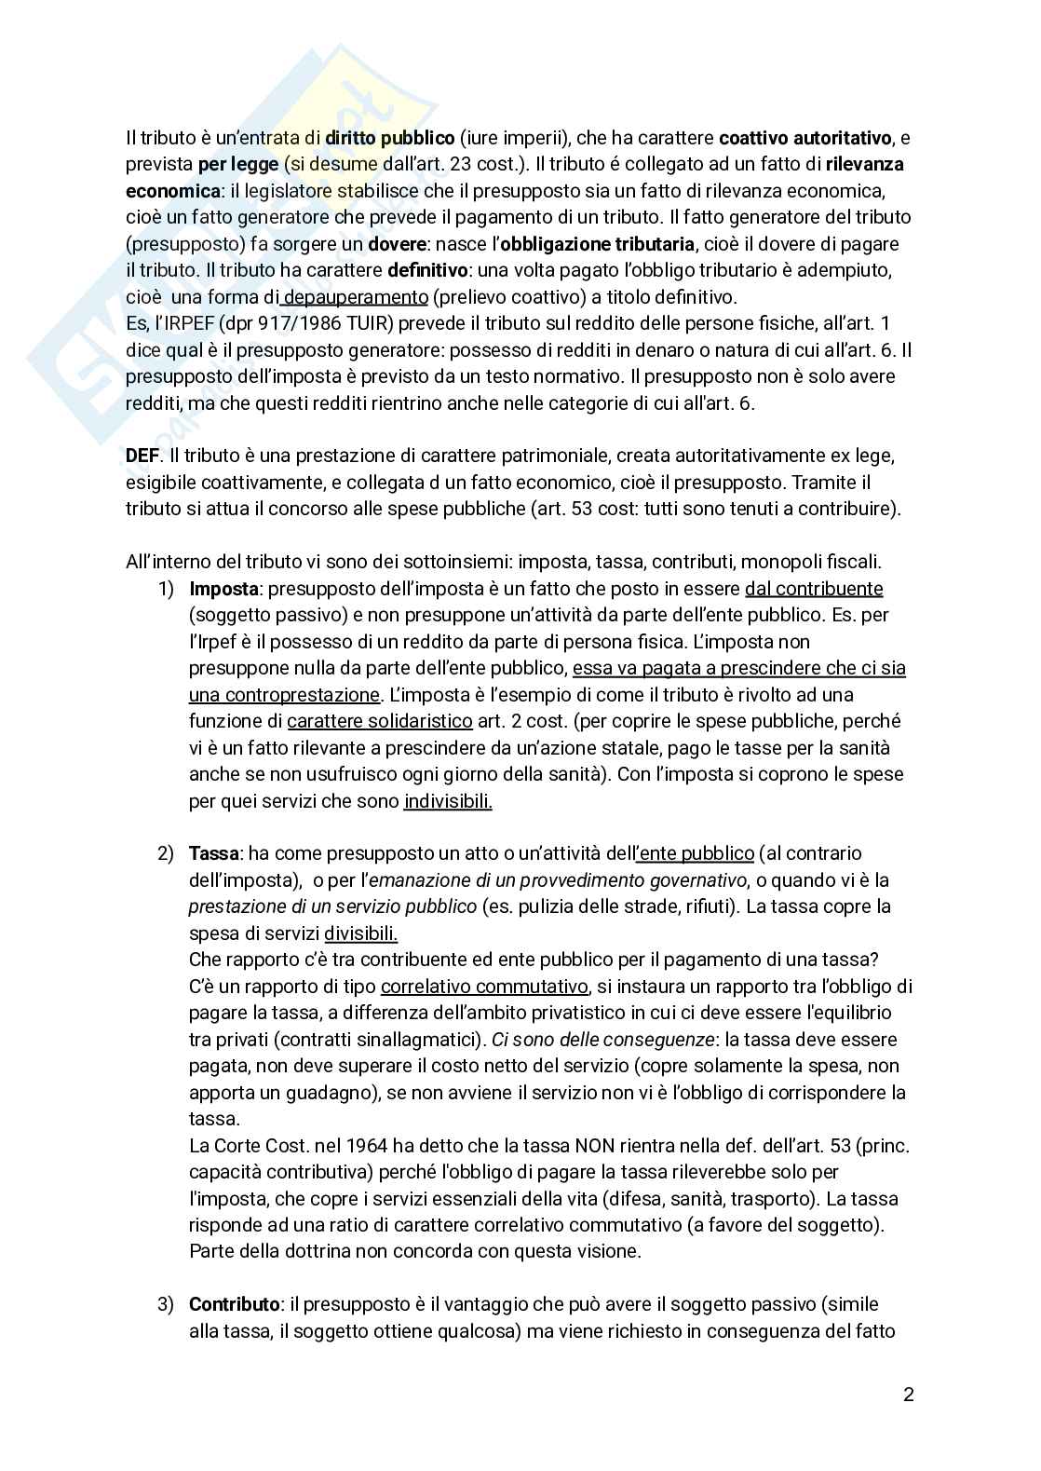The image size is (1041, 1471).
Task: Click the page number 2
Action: click(x=908, y=1395)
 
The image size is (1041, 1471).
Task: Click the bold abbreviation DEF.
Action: click(x=142, y=456)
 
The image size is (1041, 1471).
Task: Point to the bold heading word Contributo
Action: click(x=235, y=1304)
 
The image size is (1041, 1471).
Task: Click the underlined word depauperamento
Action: click(x=356, y=297)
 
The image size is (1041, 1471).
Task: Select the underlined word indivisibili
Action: click(x=448, y=800)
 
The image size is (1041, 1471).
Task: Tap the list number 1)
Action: click(x=166, y=589)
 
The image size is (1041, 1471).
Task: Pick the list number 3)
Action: click(x=166, y=1304)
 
